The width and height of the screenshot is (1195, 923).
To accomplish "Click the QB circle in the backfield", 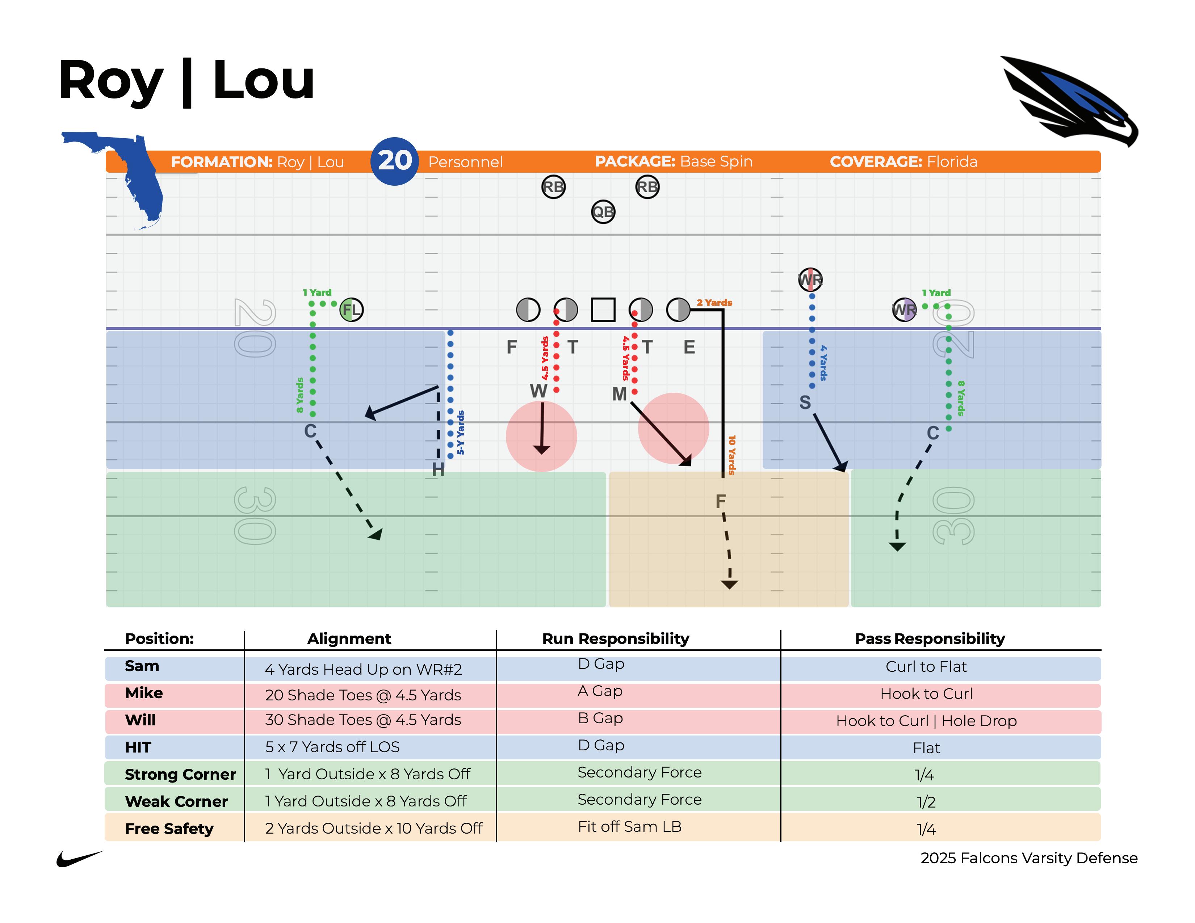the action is coord(603,212).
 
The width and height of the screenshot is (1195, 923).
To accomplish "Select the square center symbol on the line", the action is coord(603,309).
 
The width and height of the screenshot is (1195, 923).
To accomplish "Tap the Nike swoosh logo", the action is coord(79,859).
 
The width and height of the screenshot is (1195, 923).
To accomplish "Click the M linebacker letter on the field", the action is coord(619,394).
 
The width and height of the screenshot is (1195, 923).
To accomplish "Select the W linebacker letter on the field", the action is coord(538,391).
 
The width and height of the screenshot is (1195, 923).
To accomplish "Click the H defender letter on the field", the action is coord(438,469).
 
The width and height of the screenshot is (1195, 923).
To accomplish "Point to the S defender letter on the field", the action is coord(805,403).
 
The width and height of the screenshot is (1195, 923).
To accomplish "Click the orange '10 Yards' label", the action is coord(731,455).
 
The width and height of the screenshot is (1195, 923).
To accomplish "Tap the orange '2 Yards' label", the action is coord(714,302).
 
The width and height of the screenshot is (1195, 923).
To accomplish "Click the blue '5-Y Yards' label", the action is coord(461,433).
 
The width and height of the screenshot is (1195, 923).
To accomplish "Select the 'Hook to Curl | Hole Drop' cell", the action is coord(926,721).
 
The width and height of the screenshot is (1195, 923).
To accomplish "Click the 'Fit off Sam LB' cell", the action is coord(630,826).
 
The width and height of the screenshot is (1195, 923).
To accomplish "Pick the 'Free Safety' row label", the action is coord(169,829).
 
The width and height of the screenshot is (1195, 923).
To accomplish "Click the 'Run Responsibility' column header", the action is coord(616,638).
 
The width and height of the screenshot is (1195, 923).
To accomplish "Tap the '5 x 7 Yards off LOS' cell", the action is coord(332,747).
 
